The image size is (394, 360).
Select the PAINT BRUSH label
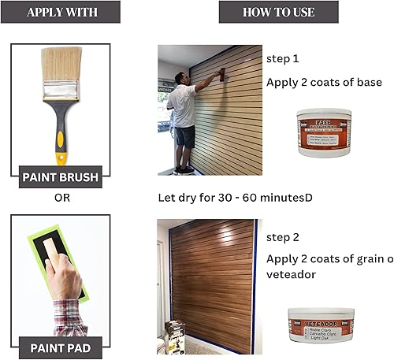pos(61,176)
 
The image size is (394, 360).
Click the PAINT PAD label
pos(61,347)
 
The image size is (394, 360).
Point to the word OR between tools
pos(61,198)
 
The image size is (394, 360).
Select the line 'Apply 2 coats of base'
pos(324,83)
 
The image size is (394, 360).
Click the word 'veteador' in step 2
pos(292,275)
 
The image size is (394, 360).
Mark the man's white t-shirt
pos(185,106)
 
